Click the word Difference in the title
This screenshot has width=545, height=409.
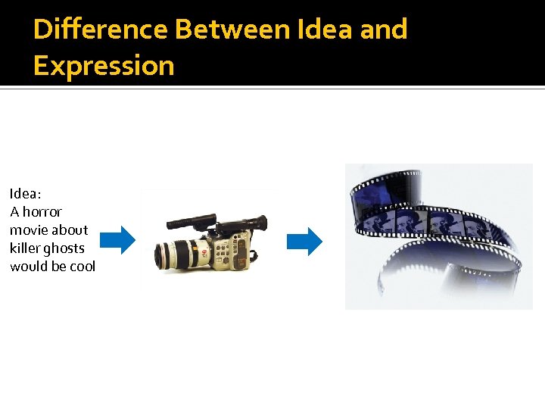tap(101, 30)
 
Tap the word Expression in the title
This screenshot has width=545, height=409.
tap(104, 66)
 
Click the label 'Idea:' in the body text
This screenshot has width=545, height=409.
tap(26, 193)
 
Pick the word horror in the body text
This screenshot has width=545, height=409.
tap(42, 211)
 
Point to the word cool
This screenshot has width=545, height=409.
tap(81, 267)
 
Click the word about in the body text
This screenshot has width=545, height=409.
tap(70, 229)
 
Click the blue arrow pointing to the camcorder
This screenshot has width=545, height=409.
tap(117, 240)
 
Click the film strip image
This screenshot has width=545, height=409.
tap(438, 236)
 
